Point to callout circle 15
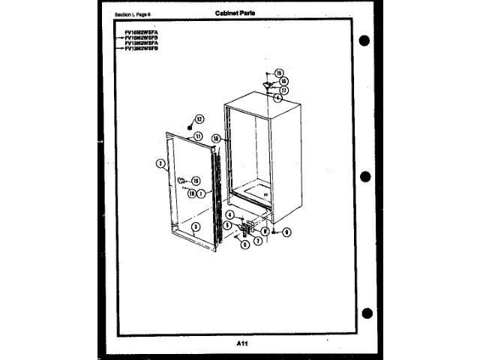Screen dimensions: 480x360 pyautogui.click(x=279, y=73)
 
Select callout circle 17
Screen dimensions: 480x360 pyautogui.click(x=283, y=90)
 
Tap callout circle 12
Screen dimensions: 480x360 pyautogui.click(x=199, y=118)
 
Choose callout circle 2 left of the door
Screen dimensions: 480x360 pyautogui.click(x=160, y=162)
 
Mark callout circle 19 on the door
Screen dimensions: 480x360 pyautogui.click(x=195, y=181)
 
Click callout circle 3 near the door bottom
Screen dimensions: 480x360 pyautogui.click(x=194, y=226)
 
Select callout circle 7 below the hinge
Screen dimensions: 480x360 pyautogui.click(x=257, y=241)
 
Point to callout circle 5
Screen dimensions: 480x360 pyautogui.click(x=226, y=225)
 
